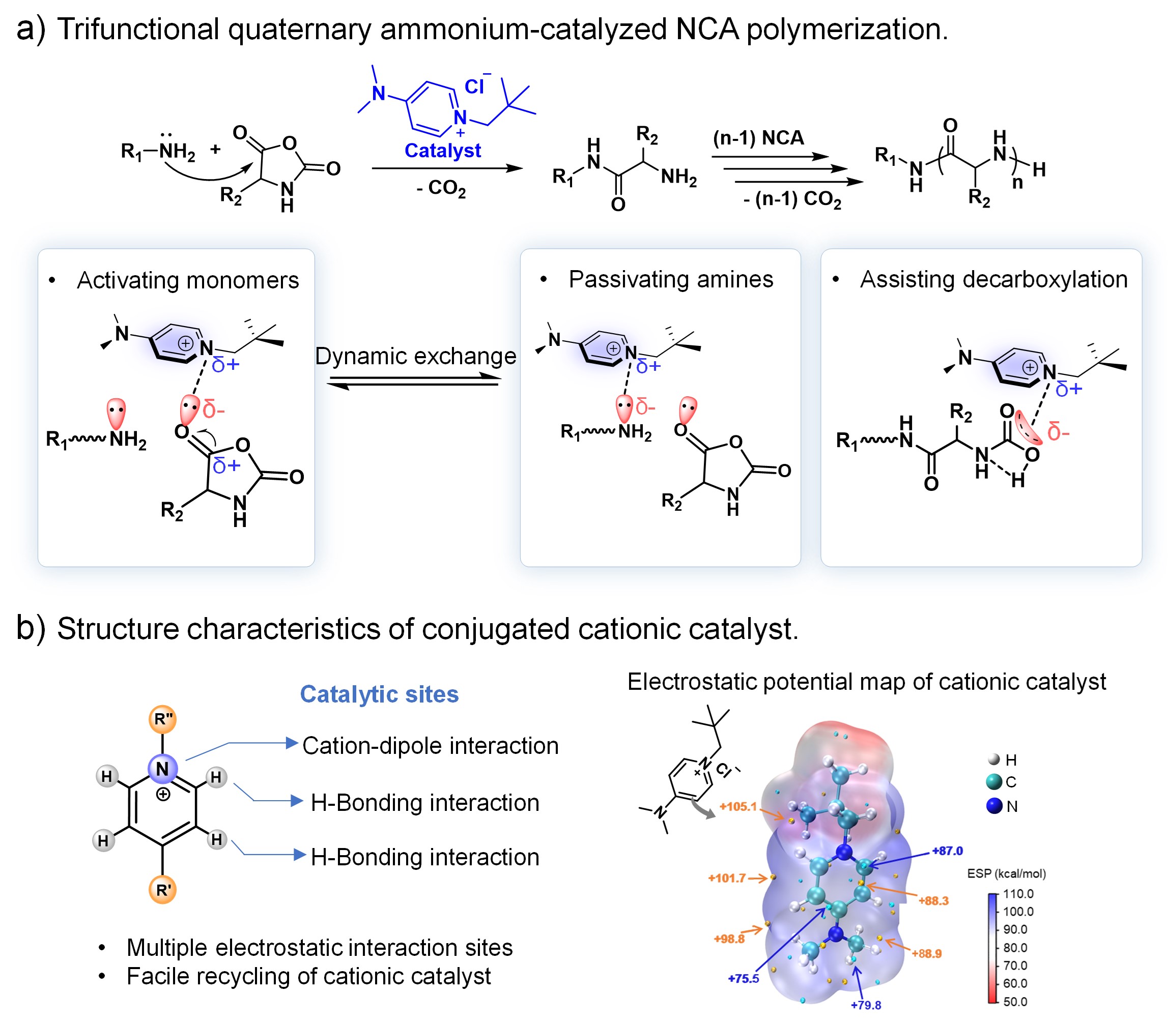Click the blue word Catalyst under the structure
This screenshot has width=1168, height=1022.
pos(442,151)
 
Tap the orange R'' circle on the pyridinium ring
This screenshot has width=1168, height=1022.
pos(163,719)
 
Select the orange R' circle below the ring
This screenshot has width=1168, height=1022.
pos(163,890)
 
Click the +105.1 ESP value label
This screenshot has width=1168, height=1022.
pos(737,806)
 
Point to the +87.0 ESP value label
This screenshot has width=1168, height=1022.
pos(947,851)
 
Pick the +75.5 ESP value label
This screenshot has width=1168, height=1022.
pos(743,979)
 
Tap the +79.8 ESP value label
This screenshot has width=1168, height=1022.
pos(866,1005)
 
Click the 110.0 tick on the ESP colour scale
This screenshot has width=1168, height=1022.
pos(1018,894)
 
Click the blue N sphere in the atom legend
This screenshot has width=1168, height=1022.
pos(994,806)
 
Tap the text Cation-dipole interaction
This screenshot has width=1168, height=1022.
pos(430,746)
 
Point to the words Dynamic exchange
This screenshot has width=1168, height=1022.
pos(415,357)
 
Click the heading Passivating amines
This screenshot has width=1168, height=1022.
pos(670,279)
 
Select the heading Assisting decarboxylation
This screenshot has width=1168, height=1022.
pos(993,279)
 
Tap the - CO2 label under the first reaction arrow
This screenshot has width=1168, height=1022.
pos(441,188)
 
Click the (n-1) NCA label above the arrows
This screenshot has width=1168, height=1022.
pos(758,137)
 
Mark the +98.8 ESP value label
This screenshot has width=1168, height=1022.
pos(729,939)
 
